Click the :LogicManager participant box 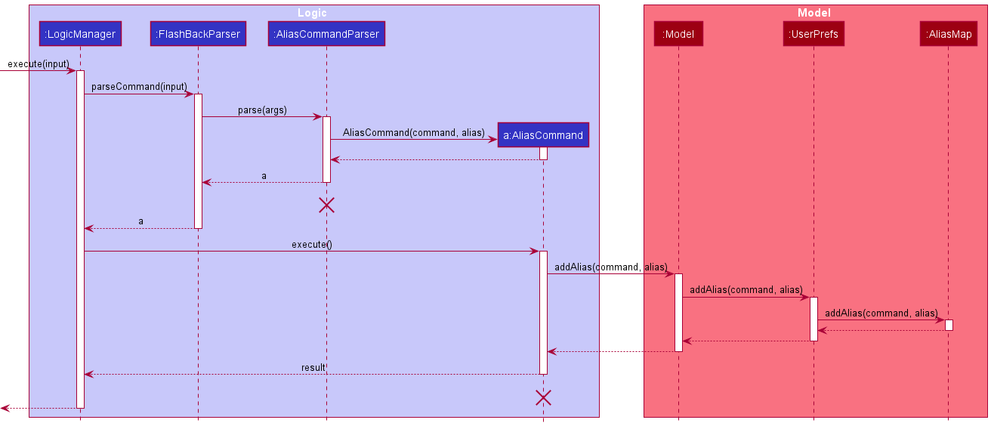coord(80,34)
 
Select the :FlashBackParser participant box coord(198,34)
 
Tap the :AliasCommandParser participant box coord(326,34)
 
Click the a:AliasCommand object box coord(543,135)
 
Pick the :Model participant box coord(678,34)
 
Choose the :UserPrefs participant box coord(813,34)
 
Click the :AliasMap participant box coord(948,34)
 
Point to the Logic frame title coord(312,13)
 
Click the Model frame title coord(815,13)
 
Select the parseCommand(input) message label coord(139,87)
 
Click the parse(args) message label coord(262,110)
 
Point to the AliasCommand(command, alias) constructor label coord(413,132)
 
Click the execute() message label coord(311,245)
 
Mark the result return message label coord(313,368)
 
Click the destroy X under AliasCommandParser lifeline coord(326,205)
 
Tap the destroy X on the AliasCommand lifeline coord(543,397)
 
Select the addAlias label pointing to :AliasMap coord(881,313)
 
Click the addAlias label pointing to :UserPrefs coord(746,290)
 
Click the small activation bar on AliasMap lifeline coord(949,325)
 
